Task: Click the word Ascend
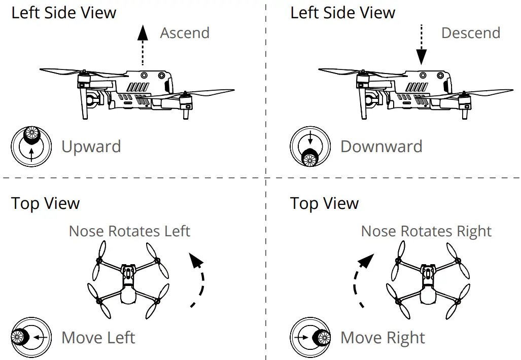click(x=185, y=33)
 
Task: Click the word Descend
click(x=470, y=33)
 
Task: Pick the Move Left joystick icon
click(x=31, y=337)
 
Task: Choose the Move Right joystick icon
click(x=310, y=337)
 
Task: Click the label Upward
click(x=91, y=147)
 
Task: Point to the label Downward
click(x=381, y=147)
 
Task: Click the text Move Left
click(x=98, y=337)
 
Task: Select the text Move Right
click(x=383, y=337)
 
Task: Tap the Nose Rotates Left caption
click(x=129, y=231)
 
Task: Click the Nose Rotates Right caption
click(x=426, y=231)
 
